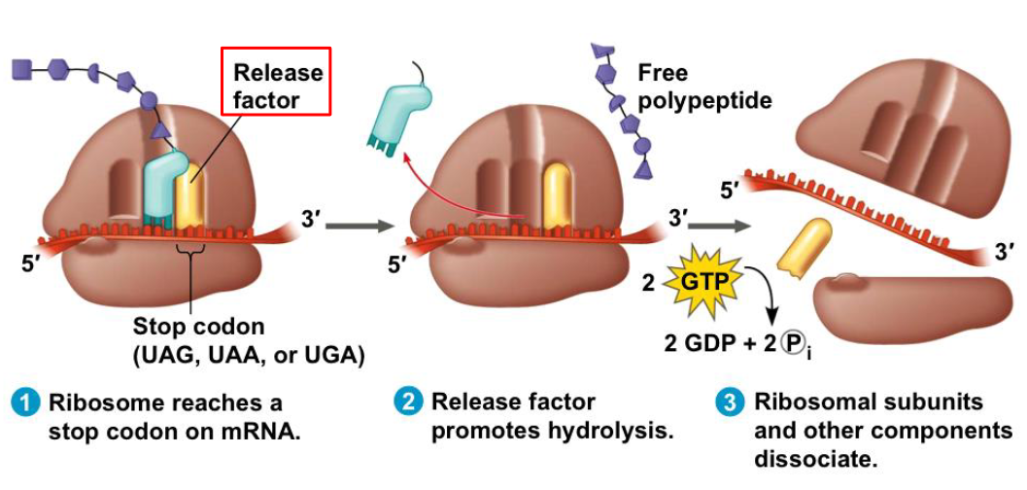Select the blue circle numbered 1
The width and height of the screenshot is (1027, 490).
point(26,402)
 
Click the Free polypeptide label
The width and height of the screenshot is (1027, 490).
point(704,86)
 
